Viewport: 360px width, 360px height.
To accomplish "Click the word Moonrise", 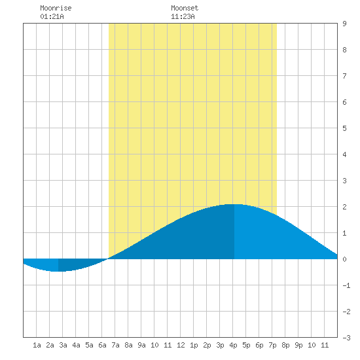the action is point(56,8).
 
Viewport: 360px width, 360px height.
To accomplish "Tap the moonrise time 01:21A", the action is point(52,16).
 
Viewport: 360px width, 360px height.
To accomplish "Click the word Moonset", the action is point(185,8).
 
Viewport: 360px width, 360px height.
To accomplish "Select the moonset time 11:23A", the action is point(183,16).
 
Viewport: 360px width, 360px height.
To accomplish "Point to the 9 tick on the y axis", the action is point(344,24).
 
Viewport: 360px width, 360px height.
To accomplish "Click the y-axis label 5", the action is point(344,128).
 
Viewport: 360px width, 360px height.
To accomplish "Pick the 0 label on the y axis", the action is point(344,259).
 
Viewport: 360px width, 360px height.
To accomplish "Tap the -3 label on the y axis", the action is point(346,338).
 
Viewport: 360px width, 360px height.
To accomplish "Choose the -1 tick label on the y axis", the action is point(346,285).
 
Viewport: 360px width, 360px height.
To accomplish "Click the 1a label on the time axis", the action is point(37,345).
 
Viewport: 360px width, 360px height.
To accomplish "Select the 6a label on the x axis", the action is point(102,345).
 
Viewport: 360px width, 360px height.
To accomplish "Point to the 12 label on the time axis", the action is point(181,345).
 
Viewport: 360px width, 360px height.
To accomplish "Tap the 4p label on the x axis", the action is point(233,345).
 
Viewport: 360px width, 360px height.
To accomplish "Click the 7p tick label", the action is point(272,345).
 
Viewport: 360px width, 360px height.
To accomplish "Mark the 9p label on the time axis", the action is point(298,345).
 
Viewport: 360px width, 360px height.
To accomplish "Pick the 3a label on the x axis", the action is point(63,345).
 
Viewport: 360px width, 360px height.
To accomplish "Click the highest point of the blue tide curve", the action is point(234,204).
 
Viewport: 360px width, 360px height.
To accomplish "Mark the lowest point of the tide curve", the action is point(58,272).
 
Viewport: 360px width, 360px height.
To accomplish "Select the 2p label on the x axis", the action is point(207,345).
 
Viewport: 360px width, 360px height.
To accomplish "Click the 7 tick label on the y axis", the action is point(344,76).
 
